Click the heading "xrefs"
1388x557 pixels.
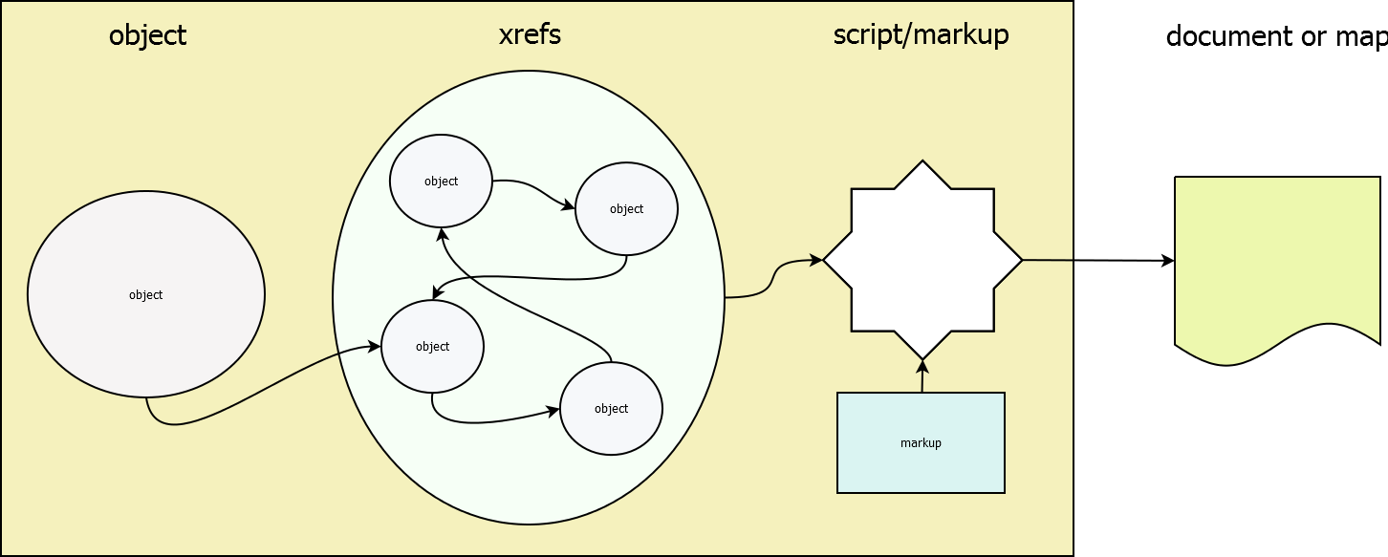pyautogui.click(x=530, y=35)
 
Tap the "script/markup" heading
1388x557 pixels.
pyautogui.click(x=921, y=35)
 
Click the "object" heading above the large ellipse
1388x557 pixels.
pyautogui.click(x=147, y=36)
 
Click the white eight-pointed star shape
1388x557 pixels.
pyautogui.click(x=922, y=260)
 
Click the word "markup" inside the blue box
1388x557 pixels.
pyautogui.click(x=921, y=443)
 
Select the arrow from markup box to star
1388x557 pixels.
pyautogui.click(x=922, y=377)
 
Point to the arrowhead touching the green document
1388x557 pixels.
pyautogui.click(x=1168, y=261)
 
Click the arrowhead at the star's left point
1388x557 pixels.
pyautogui.click(x=816, y=259)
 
